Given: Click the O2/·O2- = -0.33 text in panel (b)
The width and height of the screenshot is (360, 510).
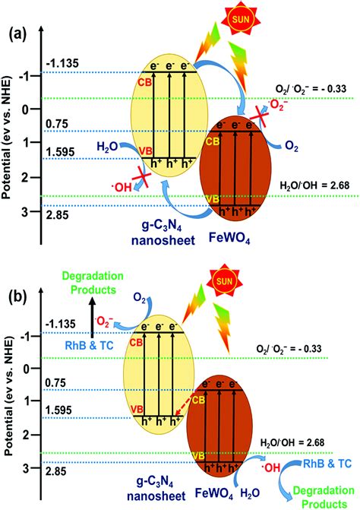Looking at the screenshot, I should [x=311, y=347].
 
